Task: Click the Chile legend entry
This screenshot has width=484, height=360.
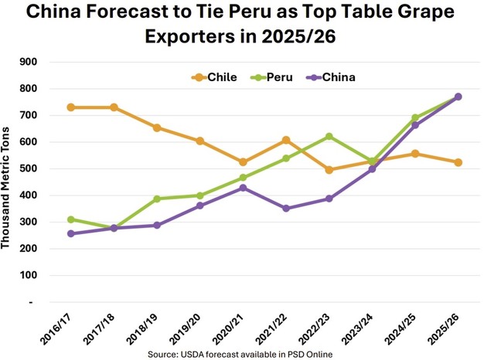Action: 215,77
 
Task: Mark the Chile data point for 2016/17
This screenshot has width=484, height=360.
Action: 71,107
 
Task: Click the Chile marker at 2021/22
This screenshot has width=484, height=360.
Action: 286,140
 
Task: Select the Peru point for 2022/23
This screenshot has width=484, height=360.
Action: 329,137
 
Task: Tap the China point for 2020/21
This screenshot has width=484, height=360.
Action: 243,188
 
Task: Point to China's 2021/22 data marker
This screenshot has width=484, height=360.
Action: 286,209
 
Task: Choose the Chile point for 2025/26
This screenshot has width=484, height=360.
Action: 458,162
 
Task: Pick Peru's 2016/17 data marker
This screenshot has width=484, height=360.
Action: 71,219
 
